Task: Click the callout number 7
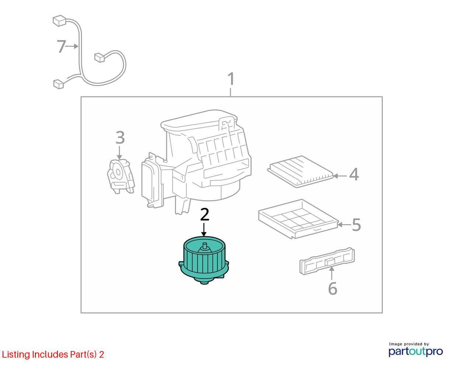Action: [x=62, y=46]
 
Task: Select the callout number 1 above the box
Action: [x=231, y=79]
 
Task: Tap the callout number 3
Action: [x=120, y=138]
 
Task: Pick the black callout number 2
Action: [x=204, y=215]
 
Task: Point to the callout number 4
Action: [x=354, y=174]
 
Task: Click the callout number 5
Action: [x=356, y=225]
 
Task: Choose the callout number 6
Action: [x=332, y=288]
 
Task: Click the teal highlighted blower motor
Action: [x=204, y=261]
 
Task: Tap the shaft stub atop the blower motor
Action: [x=204, y=245]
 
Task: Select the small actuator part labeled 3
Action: [x=121, y=177]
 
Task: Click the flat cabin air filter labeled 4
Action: [x=300, y=171]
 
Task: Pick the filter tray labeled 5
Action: [x=298, y=219]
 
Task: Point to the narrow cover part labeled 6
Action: [x=327, y=261]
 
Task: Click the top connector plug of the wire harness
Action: [x=59, y=21]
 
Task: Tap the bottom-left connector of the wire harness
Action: [x=59, y=84]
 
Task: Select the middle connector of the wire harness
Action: [x=99, y=57]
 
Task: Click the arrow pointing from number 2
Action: [x=204, y=230]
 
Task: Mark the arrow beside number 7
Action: [x=72, y=46]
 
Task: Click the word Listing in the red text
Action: [x=16, y=355]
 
